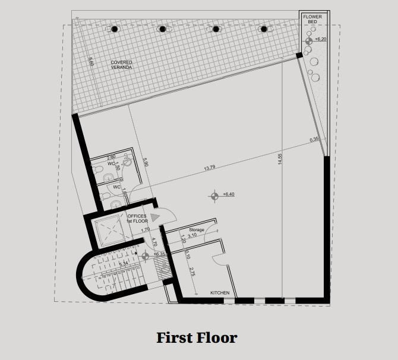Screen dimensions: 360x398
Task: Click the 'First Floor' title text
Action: click(197, 338)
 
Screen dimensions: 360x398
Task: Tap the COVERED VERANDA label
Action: click(121, 65)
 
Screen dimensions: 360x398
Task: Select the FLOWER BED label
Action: click(312, 20)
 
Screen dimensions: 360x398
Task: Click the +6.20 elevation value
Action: click(321, 39)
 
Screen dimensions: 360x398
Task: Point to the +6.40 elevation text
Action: click(229, 194)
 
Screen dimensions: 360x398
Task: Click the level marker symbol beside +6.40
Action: click(214, 194)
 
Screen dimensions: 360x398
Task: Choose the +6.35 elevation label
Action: click(159, 254)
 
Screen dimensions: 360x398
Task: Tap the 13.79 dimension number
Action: click(210, 168)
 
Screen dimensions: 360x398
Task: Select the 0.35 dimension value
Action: click(314, 140)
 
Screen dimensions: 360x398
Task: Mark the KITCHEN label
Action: click(220, 293)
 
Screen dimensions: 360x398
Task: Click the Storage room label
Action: click(197, 229)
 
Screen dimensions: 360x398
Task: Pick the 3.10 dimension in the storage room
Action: click(192, 236)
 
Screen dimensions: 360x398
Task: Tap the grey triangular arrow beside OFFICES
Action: click(154, 217)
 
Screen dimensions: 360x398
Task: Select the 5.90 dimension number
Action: click(144, 161)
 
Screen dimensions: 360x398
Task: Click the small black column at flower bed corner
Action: click(299, 55)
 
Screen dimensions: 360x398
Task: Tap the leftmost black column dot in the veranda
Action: click(114, 29)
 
